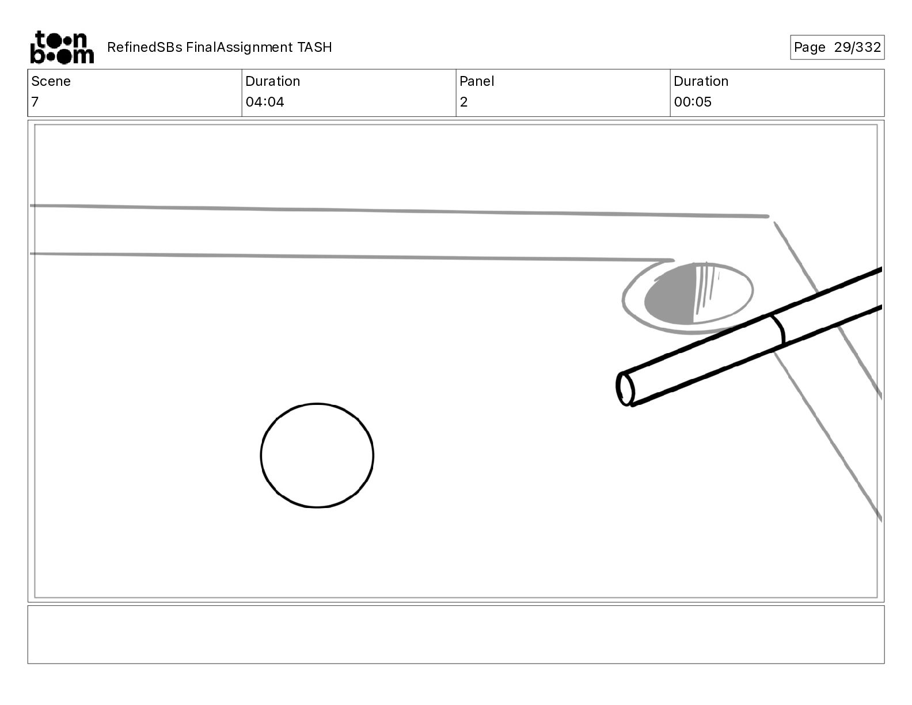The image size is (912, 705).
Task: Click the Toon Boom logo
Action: click(62, 47)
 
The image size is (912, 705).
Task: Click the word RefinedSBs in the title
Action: click(145, 47)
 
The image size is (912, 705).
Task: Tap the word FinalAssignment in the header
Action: click(239, 47)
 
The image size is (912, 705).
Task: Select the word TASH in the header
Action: click(315, 47)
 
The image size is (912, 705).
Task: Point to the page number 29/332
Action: click(857, 47)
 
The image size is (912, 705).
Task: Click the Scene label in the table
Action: click(51, 81)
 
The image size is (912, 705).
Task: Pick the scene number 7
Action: click(35, 101)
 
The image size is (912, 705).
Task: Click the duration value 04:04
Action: click(265, 101)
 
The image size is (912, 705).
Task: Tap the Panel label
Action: click(477, 81)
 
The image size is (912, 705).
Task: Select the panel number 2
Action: click(463, 101)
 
